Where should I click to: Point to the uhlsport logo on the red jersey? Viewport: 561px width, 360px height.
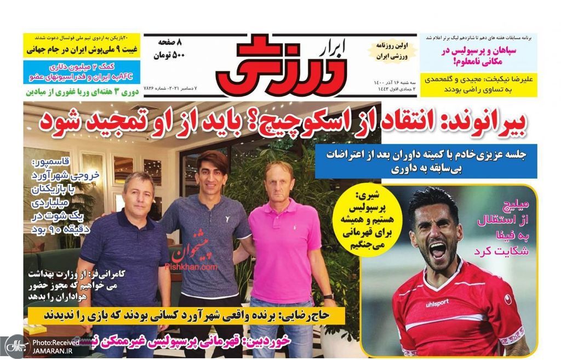[x=436, y=302]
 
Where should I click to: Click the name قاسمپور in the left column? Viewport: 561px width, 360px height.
[x=52, y=163]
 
